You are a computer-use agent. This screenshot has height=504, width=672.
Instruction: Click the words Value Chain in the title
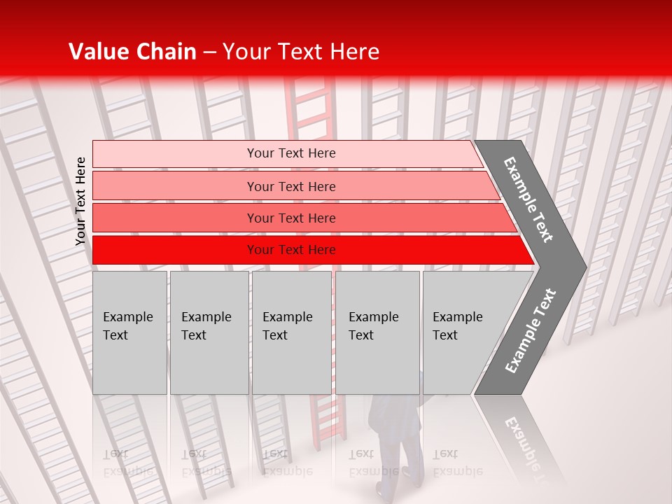pos(132,52)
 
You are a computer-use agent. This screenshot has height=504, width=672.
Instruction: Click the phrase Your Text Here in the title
pos(301,52)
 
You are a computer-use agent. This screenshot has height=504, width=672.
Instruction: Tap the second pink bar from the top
pos(290,186)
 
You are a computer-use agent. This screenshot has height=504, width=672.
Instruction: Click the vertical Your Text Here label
pos(80,201)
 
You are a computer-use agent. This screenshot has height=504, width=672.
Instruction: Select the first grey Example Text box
pos(129,332)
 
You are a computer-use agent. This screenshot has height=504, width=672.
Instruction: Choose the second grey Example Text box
pos(209,332)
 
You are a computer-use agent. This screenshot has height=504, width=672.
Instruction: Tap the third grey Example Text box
pos(291,332)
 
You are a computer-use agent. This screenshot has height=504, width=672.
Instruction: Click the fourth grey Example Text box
pos(377,332)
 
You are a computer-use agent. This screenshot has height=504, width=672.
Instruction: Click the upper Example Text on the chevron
pos(528,199)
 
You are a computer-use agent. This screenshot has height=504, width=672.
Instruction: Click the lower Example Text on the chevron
pos(531,330)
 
